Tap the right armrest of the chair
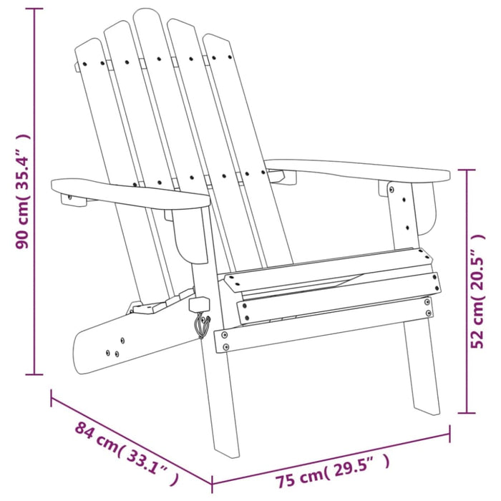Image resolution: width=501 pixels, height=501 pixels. point(358,169)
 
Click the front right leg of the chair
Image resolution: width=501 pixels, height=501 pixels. point(422,372)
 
